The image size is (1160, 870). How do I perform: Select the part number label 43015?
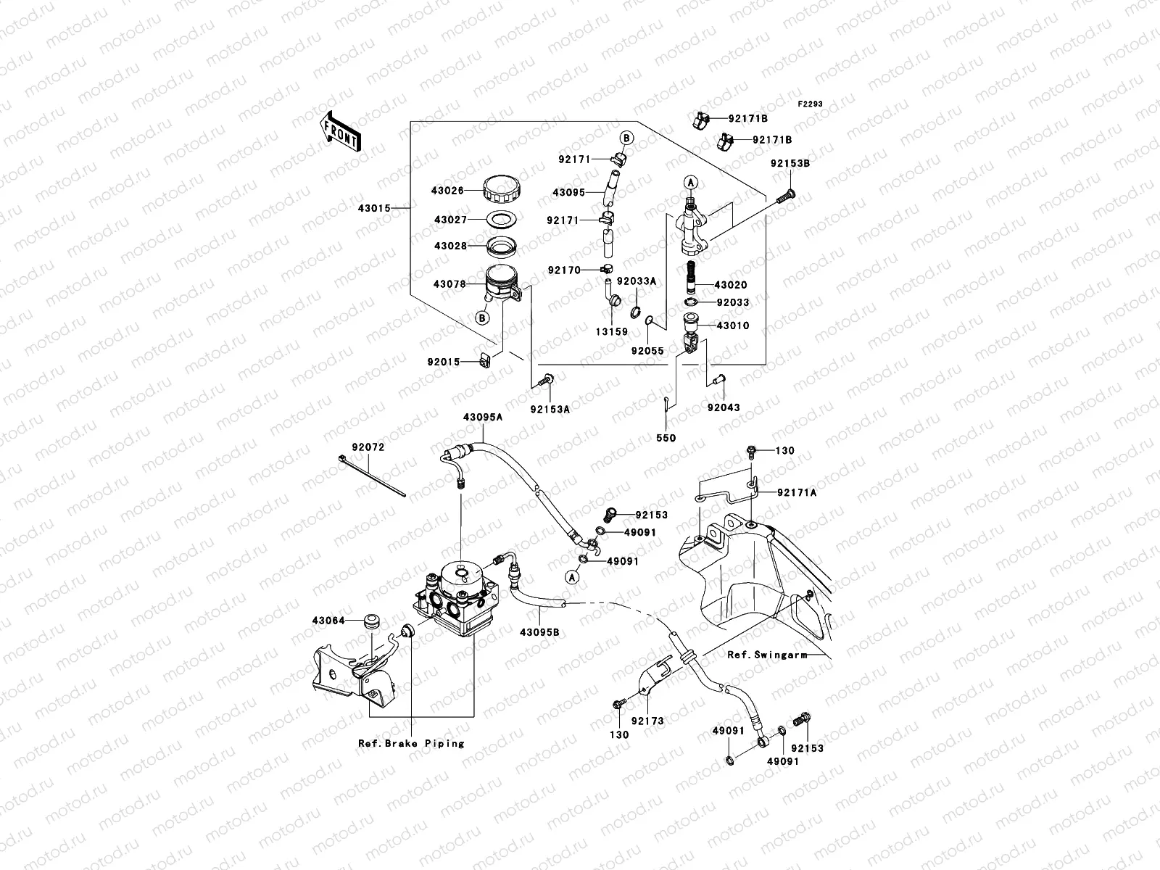pos(374,208)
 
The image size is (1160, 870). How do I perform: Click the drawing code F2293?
pos(811,104)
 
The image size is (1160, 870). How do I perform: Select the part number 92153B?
pos(790,163)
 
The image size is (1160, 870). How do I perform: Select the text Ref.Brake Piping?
pos(411,743)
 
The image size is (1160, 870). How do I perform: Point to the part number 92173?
pos(647,721)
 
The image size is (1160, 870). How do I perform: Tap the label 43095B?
pos(539,632)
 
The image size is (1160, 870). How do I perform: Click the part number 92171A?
pos(797,492)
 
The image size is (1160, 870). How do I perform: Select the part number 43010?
pos(733,326)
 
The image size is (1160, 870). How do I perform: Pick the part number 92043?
pos(724,407)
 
